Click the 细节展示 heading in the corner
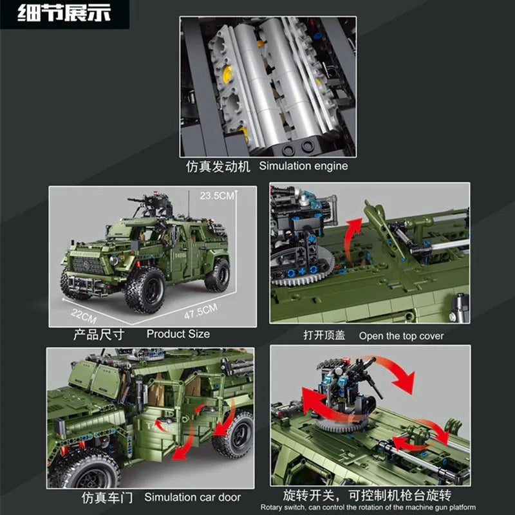click(x=64, y=13)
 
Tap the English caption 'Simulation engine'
click(x=303, y=166)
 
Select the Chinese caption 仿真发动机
click(x=218, y=167)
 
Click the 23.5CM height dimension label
click(x=217, y=196)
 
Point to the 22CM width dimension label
click(x=84, y=315)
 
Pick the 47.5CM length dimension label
click(x=201, y=311)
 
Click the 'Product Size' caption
click(x=178, y=334)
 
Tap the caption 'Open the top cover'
click(x=401, y=336)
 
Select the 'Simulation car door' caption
click(x=192, y=497)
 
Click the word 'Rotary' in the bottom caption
click(x=268, y=508)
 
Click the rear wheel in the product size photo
click(x=217, y=276)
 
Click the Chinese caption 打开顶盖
click(x=324, y=335)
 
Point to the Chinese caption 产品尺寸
click(x=98, y=335)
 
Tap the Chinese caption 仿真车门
click(x=108, y=498)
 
